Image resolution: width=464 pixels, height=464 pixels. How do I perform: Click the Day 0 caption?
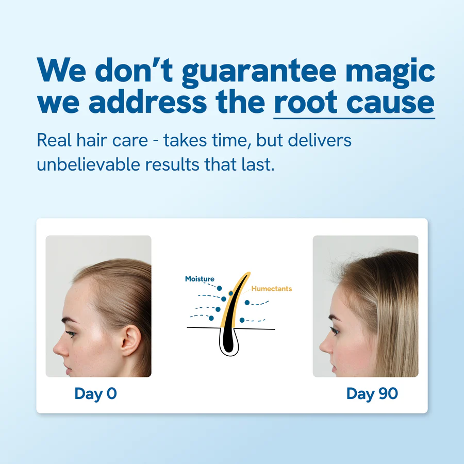[x=96, y=394]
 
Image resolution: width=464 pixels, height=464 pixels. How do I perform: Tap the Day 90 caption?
[x=372, y=394]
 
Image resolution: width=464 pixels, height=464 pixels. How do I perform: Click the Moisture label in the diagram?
[x=200, y=279]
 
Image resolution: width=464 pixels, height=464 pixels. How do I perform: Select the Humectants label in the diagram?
[x=272, y=289]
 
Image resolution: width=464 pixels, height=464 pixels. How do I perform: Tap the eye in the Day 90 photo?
[x=336, y=330]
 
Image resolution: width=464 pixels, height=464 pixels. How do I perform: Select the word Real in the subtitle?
[x=52, y=140]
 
